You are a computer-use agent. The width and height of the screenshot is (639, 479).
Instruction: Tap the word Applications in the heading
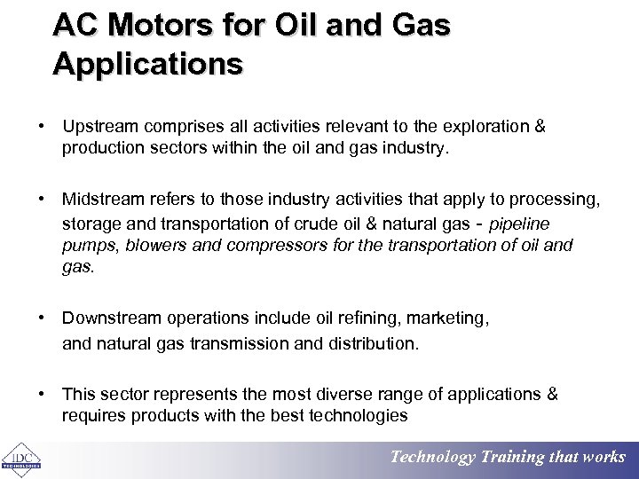coord(147,64)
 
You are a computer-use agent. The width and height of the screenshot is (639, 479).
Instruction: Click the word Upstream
coord(100,127)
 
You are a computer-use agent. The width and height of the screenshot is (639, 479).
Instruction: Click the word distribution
coord(374,342)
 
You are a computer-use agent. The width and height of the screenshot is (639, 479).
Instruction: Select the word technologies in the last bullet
coord(355,415)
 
